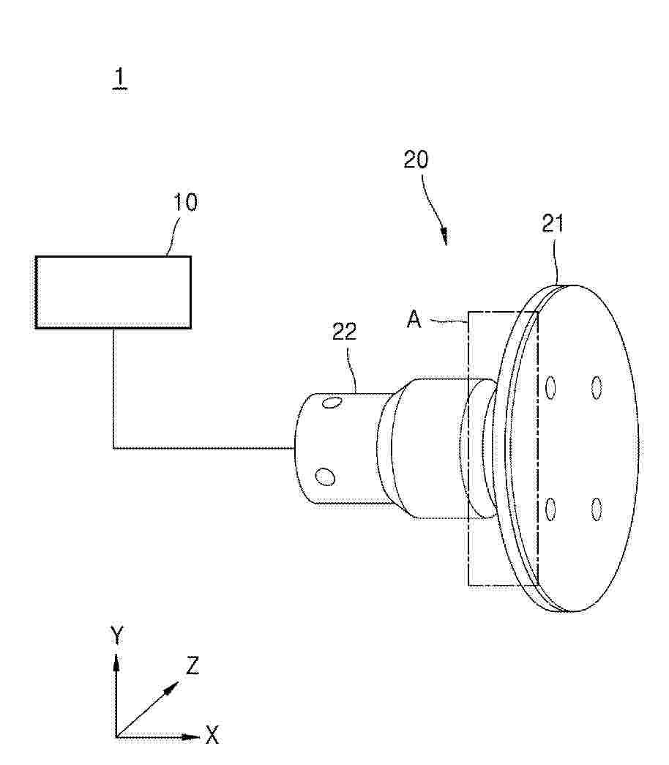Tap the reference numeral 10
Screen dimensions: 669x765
click(186, 203)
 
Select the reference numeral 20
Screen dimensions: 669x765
click(416, 160)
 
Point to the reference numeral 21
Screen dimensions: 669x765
click(553, 223)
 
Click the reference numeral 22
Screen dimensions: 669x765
click(345, 332)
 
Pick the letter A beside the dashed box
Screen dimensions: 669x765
click(414, 320)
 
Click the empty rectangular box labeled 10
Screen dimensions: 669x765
click(113, 292)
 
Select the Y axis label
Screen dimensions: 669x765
click(116, 635)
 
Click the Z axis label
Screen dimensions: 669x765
click(193, 665)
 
